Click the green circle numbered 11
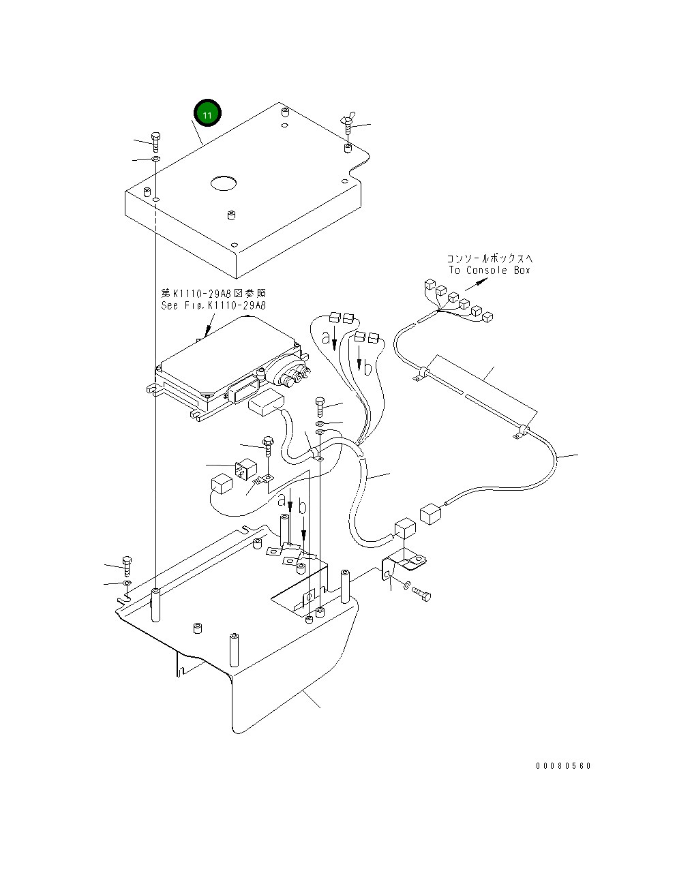point(207,112)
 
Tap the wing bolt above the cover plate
point(348,123)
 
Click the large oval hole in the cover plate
point(224,183)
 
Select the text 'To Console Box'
point(489,270)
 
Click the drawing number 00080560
point(563,766)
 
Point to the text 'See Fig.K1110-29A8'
point(213,305)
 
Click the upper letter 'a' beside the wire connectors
point(326,337)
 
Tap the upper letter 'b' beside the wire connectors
point(367,368)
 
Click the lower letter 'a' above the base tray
point(282,501)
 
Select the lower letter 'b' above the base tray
point(303,507)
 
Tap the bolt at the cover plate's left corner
point(155,141)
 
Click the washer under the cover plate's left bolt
point(155,158)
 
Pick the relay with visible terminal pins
point(245,470)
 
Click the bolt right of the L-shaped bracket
point(422,594)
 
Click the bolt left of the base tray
point(127,566)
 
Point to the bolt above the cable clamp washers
point(320,407)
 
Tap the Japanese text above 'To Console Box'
point(490,258)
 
